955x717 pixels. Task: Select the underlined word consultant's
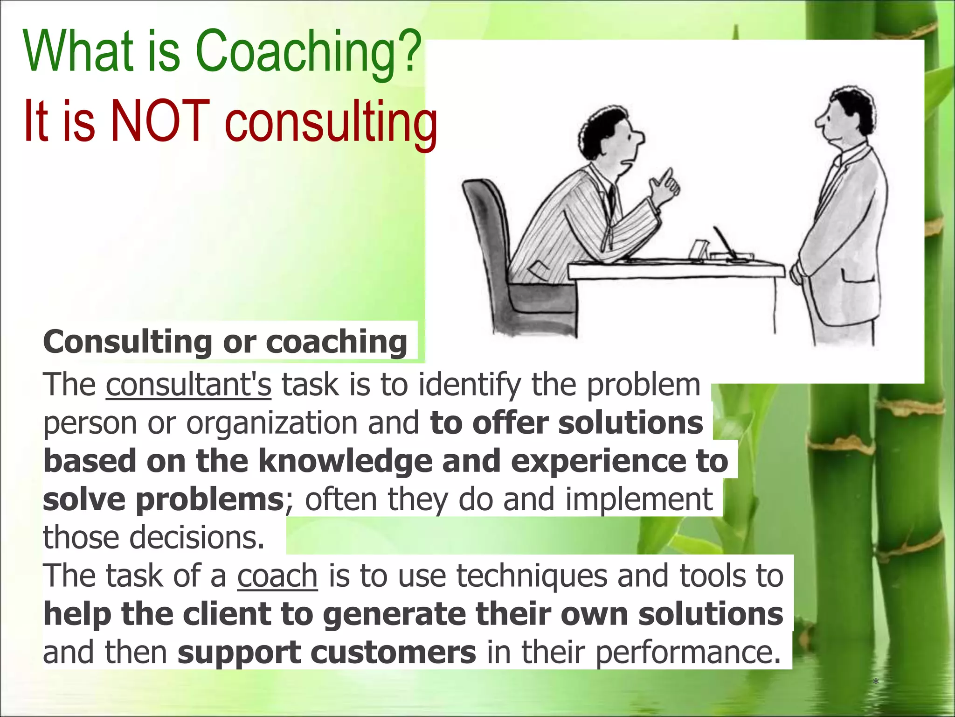(x=188, y=385)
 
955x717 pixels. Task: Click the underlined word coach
(x=277, y=576)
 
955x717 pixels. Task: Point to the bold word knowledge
(x=345, y=461)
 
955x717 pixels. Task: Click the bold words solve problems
(x=163, y=499)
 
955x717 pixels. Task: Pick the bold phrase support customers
(x=326, y=652)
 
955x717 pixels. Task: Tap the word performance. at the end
(x=688, y=652)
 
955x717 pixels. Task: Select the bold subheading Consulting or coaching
(x=225, y=342)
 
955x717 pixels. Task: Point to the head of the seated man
(x=611, y=135)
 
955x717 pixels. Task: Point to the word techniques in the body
(x=532, y=576)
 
